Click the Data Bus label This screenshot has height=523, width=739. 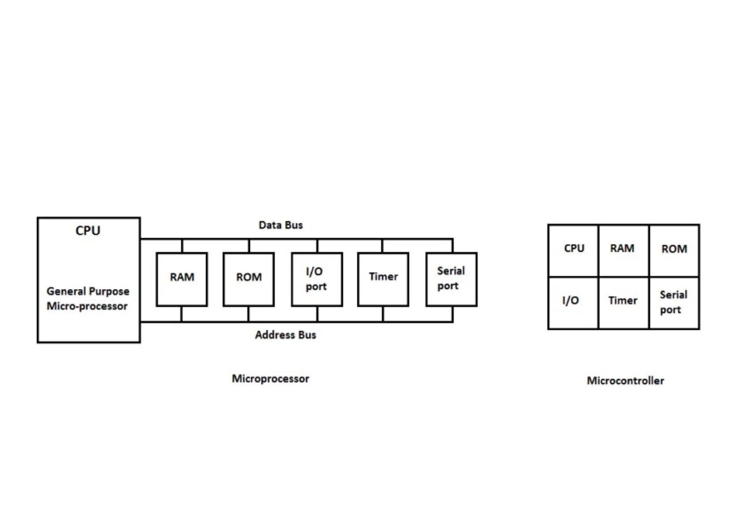pos(280,225)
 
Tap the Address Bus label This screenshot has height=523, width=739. pos(285,335)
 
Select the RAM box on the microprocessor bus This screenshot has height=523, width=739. pos(182,279)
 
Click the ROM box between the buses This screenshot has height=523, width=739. pos(249,279)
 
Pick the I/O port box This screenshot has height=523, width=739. pos(317,279)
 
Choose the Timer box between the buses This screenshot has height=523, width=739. pos(383,279)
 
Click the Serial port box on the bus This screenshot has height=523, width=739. pos(451,279)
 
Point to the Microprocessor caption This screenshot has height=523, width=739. pos(270,379)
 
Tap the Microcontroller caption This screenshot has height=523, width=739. pos(625,381)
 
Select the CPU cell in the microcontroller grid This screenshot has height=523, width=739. pos(573,250)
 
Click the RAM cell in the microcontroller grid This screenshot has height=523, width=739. pos(623,250)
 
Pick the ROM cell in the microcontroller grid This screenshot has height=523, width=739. pos(674,250)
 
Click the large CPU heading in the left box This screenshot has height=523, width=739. pos(88,230)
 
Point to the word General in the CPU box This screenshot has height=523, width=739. pos(66,291)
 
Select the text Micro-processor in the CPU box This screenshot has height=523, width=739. pos(87,306)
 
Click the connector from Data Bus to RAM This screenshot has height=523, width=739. pos(182,246)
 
